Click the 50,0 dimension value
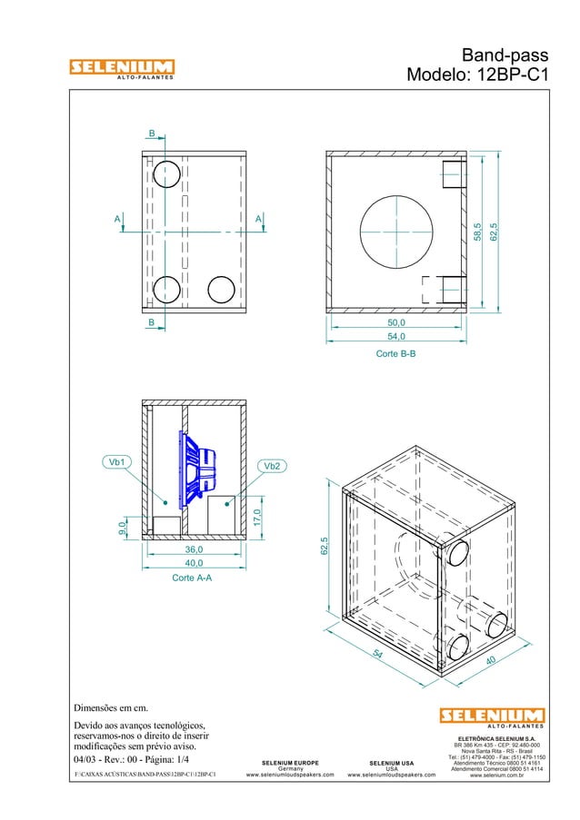396,322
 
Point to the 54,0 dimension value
396,337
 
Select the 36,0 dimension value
193,549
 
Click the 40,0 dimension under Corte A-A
193,564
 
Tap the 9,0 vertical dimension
123,525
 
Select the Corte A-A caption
192,578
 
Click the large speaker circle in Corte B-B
397,231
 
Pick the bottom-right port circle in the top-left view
221,290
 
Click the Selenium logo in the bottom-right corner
492,718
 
